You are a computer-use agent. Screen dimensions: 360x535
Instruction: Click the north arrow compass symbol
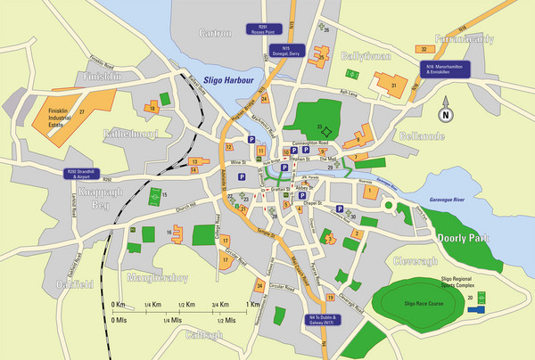click(445, 114)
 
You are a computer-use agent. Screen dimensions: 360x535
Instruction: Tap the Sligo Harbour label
click(229, 80)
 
